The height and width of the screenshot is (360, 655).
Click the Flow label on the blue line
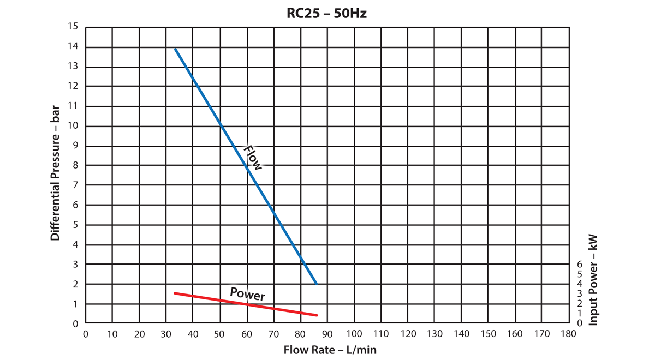[x=253, y=158]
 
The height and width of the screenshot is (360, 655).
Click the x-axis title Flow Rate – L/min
[x=330, y=350]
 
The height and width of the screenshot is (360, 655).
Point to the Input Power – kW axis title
[x=594, y=280]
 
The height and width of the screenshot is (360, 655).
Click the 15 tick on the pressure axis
[x=74, y=27]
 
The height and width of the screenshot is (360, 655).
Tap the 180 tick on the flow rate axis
[x=569, y=334]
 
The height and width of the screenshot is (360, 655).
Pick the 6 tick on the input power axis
[x=580, y=264]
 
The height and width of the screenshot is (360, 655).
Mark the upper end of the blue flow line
[x=175, y=49]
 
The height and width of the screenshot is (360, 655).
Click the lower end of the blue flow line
[x=316, y=284]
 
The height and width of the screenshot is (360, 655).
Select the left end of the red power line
[x=175, y=293]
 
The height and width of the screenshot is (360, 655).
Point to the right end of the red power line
[x=317, y=315]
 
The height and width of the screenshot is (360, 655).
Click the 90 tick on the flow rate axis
[x=327, y=334]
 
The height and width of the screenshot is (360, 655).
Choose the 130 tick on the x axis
[x=434, y=334]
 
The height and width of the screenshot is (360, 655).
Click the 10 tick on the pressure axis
[x=74, y=125]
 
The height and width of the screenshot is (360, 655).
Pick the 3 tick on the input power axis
[x=580, y=293]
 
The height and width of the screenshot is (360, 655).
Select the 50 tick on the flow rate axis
[x=219, y=334]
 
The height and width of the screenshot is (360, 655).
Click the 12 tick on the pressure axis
[x=74, y=86]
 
